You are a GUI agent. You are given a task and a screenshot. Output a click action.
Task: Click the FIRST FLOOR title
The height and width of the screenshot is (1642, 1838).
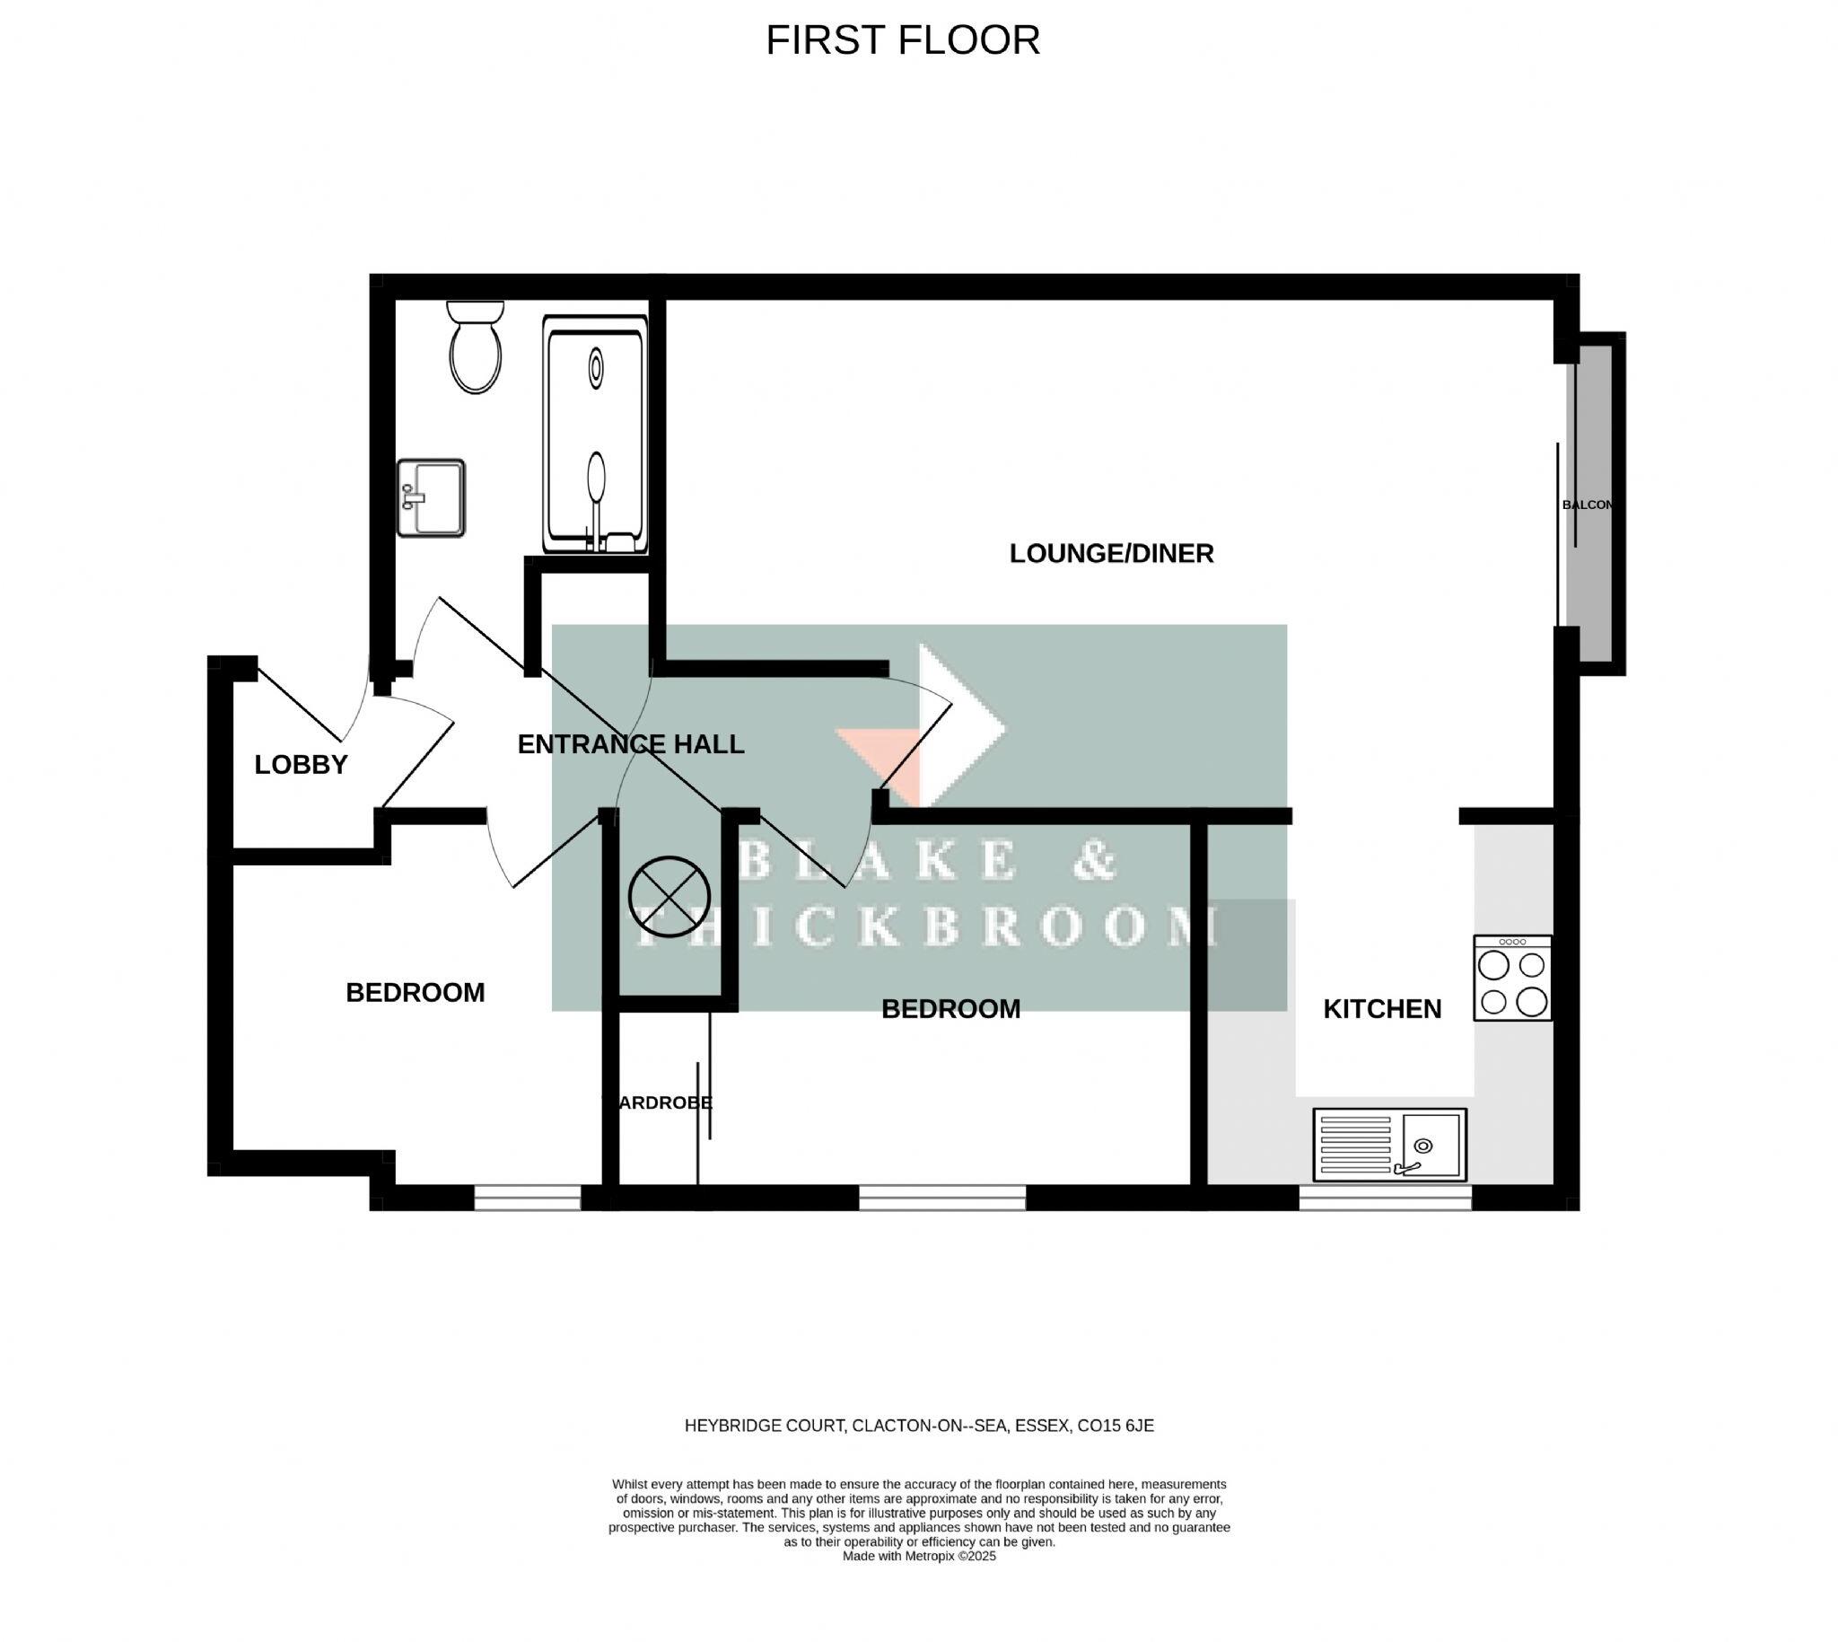pos(903,40)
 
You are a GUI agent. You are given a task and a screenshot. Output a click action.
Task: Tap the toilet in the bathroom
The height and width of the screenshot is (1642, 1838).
pos(476,350)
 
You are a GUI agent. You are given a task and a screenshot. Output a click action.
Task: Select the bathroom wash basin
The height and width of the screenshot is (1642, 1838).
pos(432,498)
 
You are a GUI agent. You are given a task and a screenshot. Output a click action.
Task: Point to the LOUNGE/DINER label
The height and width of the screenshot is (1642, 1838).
pos(1111,554)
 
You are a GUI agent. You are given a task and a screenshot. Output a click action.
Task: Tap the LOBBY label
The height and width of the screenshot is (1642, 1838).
pos(301,765)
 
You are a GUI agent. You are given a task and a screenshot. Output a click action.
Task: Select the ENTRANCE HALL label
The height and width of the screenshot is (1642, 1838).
pos(630,744)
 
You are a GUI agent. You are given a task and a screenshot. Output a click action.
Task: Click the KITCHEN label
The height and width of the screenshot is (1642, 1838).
pos(1382,1009)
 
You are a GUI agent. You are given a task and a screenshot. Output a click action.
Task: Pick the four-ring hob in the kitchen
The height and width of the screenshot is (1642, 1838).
pos(1512,978)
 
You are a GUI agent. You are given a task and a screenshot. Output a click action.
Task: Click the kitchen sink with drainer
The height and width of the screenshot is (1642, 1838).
pos(1390,1145)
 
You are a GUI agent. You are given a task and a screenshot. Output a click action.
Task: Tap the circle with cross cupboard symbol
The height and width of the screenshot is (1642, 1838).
pos(670,896)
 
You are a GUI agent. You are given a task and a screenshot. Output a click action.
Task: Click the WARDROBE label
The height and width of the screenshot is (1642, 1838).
pos(660,1102)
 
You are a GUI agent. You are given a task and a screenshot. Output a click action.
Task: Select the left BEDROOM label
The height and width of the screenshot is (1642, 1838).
pos(415,992)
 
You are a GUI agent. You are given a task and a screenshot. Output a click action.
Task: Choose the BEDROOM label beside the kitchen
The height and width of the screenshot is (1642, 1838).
pos(950,1009)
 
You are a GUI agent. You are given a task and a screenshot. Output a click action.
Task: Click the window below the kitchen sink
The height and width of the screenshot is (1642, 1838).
pos(1385,1198)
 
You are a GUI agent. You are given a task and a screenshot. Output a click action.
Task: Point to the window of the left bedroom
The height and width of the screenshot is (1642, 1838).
pos(528,1198)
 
